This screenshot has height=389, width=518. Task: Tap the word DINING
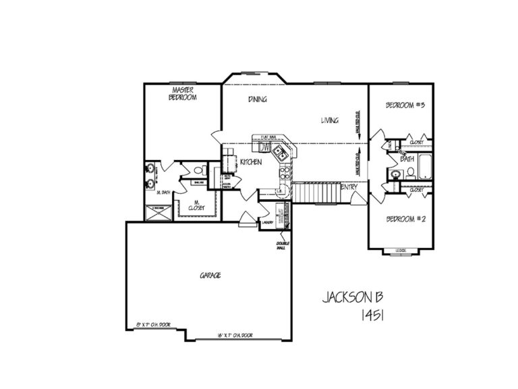[257, 99]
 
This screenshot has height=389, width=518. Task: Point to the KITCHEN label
[250, 162]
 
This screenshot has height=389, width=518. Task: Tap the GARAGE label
[210, 276]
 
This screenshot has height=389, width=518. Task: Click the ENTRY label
[349, 187]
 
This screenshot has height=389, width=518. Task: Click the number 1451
[372, 315]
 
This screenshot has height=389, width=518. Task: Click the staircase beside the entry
[315, 192]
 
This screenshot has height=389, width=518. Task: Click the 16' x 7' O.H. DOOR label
[234, 336]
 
